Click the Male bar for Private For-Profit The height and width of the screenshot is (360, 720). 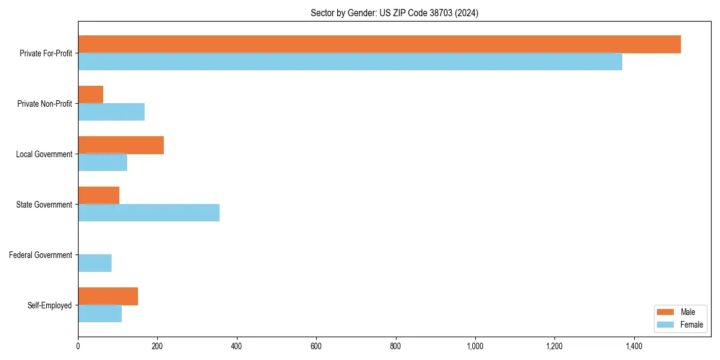pos(379,44)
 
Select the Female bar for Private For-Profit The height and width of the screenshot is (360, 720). pos(350,62)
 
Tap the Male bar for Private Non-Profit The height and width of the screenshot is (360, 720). pos(91,95)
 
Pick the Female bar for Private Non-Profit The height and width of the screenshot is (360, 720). pos(111,112)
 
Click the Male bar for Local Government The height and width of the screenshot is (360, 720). pos(121,145)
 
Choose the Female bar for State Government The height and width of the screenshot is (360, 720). pos(149,213)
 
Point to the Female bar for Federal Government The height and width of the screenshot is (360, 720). pos(95,263)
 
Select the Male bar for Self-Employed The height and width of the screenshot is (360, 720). pos(108,296)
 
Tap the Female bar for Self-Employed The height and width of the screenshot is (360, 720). pos(100,314)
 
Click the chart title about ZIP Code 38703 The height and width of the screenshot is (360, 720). pos(394,13)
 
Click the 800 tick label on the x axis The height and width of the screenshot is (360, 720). pos(395,346)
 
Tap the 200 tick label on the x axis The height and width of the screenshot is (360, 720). pos(157,346)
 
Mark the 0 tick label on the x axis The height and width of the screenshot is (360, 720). pos(78,346)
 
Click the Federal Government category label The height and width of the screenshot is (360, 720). pos(40,255)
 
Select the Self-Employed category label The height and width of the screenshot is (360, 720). pos(49,305)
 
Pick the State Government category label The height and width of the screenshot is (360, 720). pos(44,205)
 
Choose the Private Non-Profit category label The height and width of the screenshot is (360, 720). pos(44,104)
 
